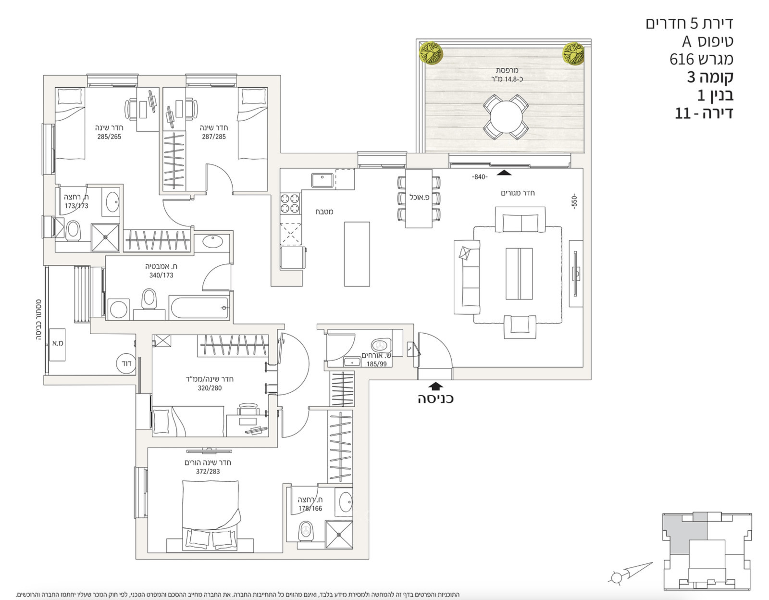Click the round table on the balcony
click(x=506, y=117)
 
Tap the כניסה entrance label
click(x=435, y=399)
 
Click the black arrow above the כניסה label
click(x=435, y=386)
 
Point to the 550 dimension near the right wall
click(x=574, y=201)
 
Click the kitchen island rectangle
click(x=357, y=254)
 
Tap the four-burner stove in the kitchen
click(x=290, y=203)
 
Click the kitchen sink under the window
click(x=322, y=180)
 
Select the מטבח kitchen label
click(x=324, y=212)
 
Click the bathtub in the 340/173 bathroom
click(x=198, y=308)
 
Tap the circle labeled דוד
click(x=126, y=364)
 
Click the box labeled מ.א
click(x=58, y=343)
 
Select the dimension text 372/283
click(x=208, y=472)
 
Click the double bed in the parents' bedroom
click(x=211, y=514)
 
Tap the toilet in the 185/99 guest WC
click(x=381, y=345)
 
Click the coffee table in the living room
click(x=519, y=274)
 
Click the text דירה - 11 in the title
click(x=704, y=113)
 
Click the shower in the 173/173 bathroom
click(x=105, y=237)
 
